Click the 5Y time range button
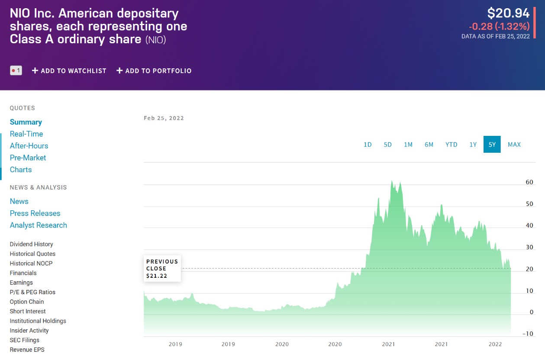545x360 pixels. click(492, 145)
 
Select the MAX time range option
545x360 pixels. click(514, 145)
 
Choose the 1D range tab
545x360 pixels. click(368, 145)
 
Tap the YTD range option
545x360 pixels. click(451, 145)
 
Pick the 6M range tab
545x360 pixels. click(429, 145)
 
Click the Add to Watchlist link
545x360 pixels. click(69, 71)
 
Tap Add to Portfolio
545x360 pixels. click(154, 71)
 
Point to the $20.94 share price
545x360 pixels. click(508, 13)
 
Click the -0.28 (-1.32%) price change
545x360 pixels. click(499, 26)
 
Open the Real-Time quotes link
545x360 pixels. click(26, 134)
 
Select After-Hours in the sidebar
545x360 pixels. click(29, 146)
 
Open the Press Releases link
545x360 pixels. click(35, 213)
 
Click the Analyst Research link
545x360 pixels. click(39, 225)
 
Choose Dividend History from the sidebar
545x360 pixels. click(32, 244)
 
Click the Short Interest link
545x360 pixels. click(28, 311)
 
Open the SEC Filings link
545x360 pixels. click(25, 340)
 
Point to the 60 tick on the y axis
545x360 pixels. click(529, 182)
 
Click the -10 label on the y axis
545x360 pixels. click(528, 334)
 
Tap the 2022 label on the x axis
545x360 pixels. click(495, 344)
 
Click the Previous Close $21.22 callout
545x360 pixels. click(162, 268)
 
